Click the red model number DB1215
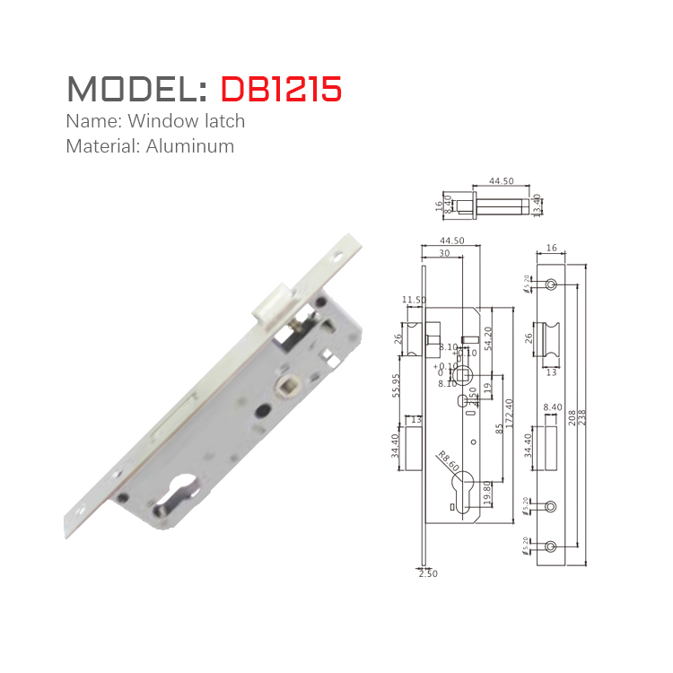[x=281, y=89]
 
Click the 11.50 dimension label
[x=414, y=300]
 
